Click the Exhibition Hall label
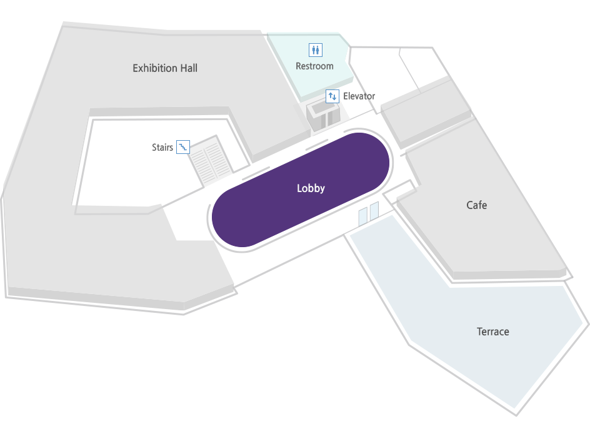tap(165, 68)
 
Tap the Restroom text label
tap(314, 66)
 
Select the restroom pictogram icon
tap(316, 49)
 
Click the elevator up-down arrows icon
tap(332, 96)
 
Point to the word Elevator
tap(359, 96)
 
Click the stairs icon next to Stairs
tap(183, 147)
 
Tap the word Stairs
tap(162, 147)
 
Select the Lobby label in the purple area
tap(311, 188)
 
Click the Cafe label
tap(477, 205)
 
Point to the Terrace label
tap(493, 332)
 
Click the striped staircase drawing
tap(211, 160)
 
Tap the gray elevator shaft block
tap(323, 116)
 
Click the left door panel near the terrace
tap(362, 216)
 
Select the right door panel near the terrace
tap(374, 211)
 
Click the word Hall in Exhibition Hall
tap(189, 68)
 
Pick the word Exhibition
tap(154, 68)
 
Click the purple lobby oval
tap(301, 190)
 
